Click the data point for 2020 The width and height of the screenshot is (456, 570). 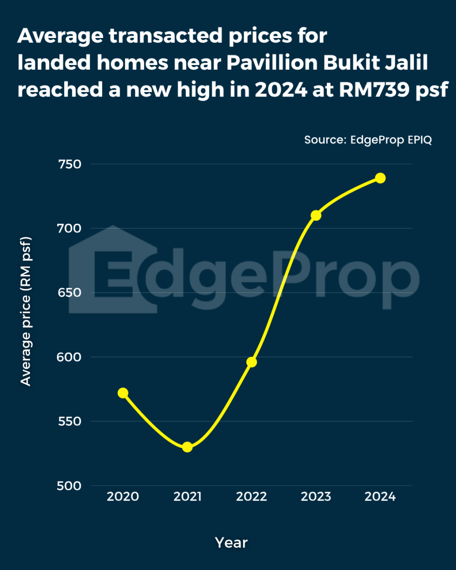[x=123, y=393]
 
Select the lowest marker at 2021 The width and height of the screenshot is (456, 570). [x=187, y=447]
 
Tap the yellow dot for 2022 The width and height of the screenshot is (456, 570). [x=252, y=362]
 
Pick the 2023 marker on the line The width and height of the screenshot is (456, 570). [x=316, y=216]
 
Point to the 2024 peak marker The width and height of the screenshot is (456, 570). [x=380, y=178]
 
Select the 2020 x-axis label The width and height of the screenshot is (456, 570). [x=123, y=497]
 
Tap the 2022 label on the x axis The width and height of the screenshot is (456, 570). [x=252, y=497]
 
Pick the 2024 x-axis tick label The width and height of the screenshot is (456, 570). [x=380, y=497]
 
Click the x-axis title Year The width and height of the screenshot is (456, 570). [x=231, y=542]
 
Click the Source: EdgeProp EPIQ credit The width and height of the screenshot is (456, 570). [x=368, y=140]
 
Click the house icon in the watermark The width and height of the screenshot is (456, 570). [x=113, y=269]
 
